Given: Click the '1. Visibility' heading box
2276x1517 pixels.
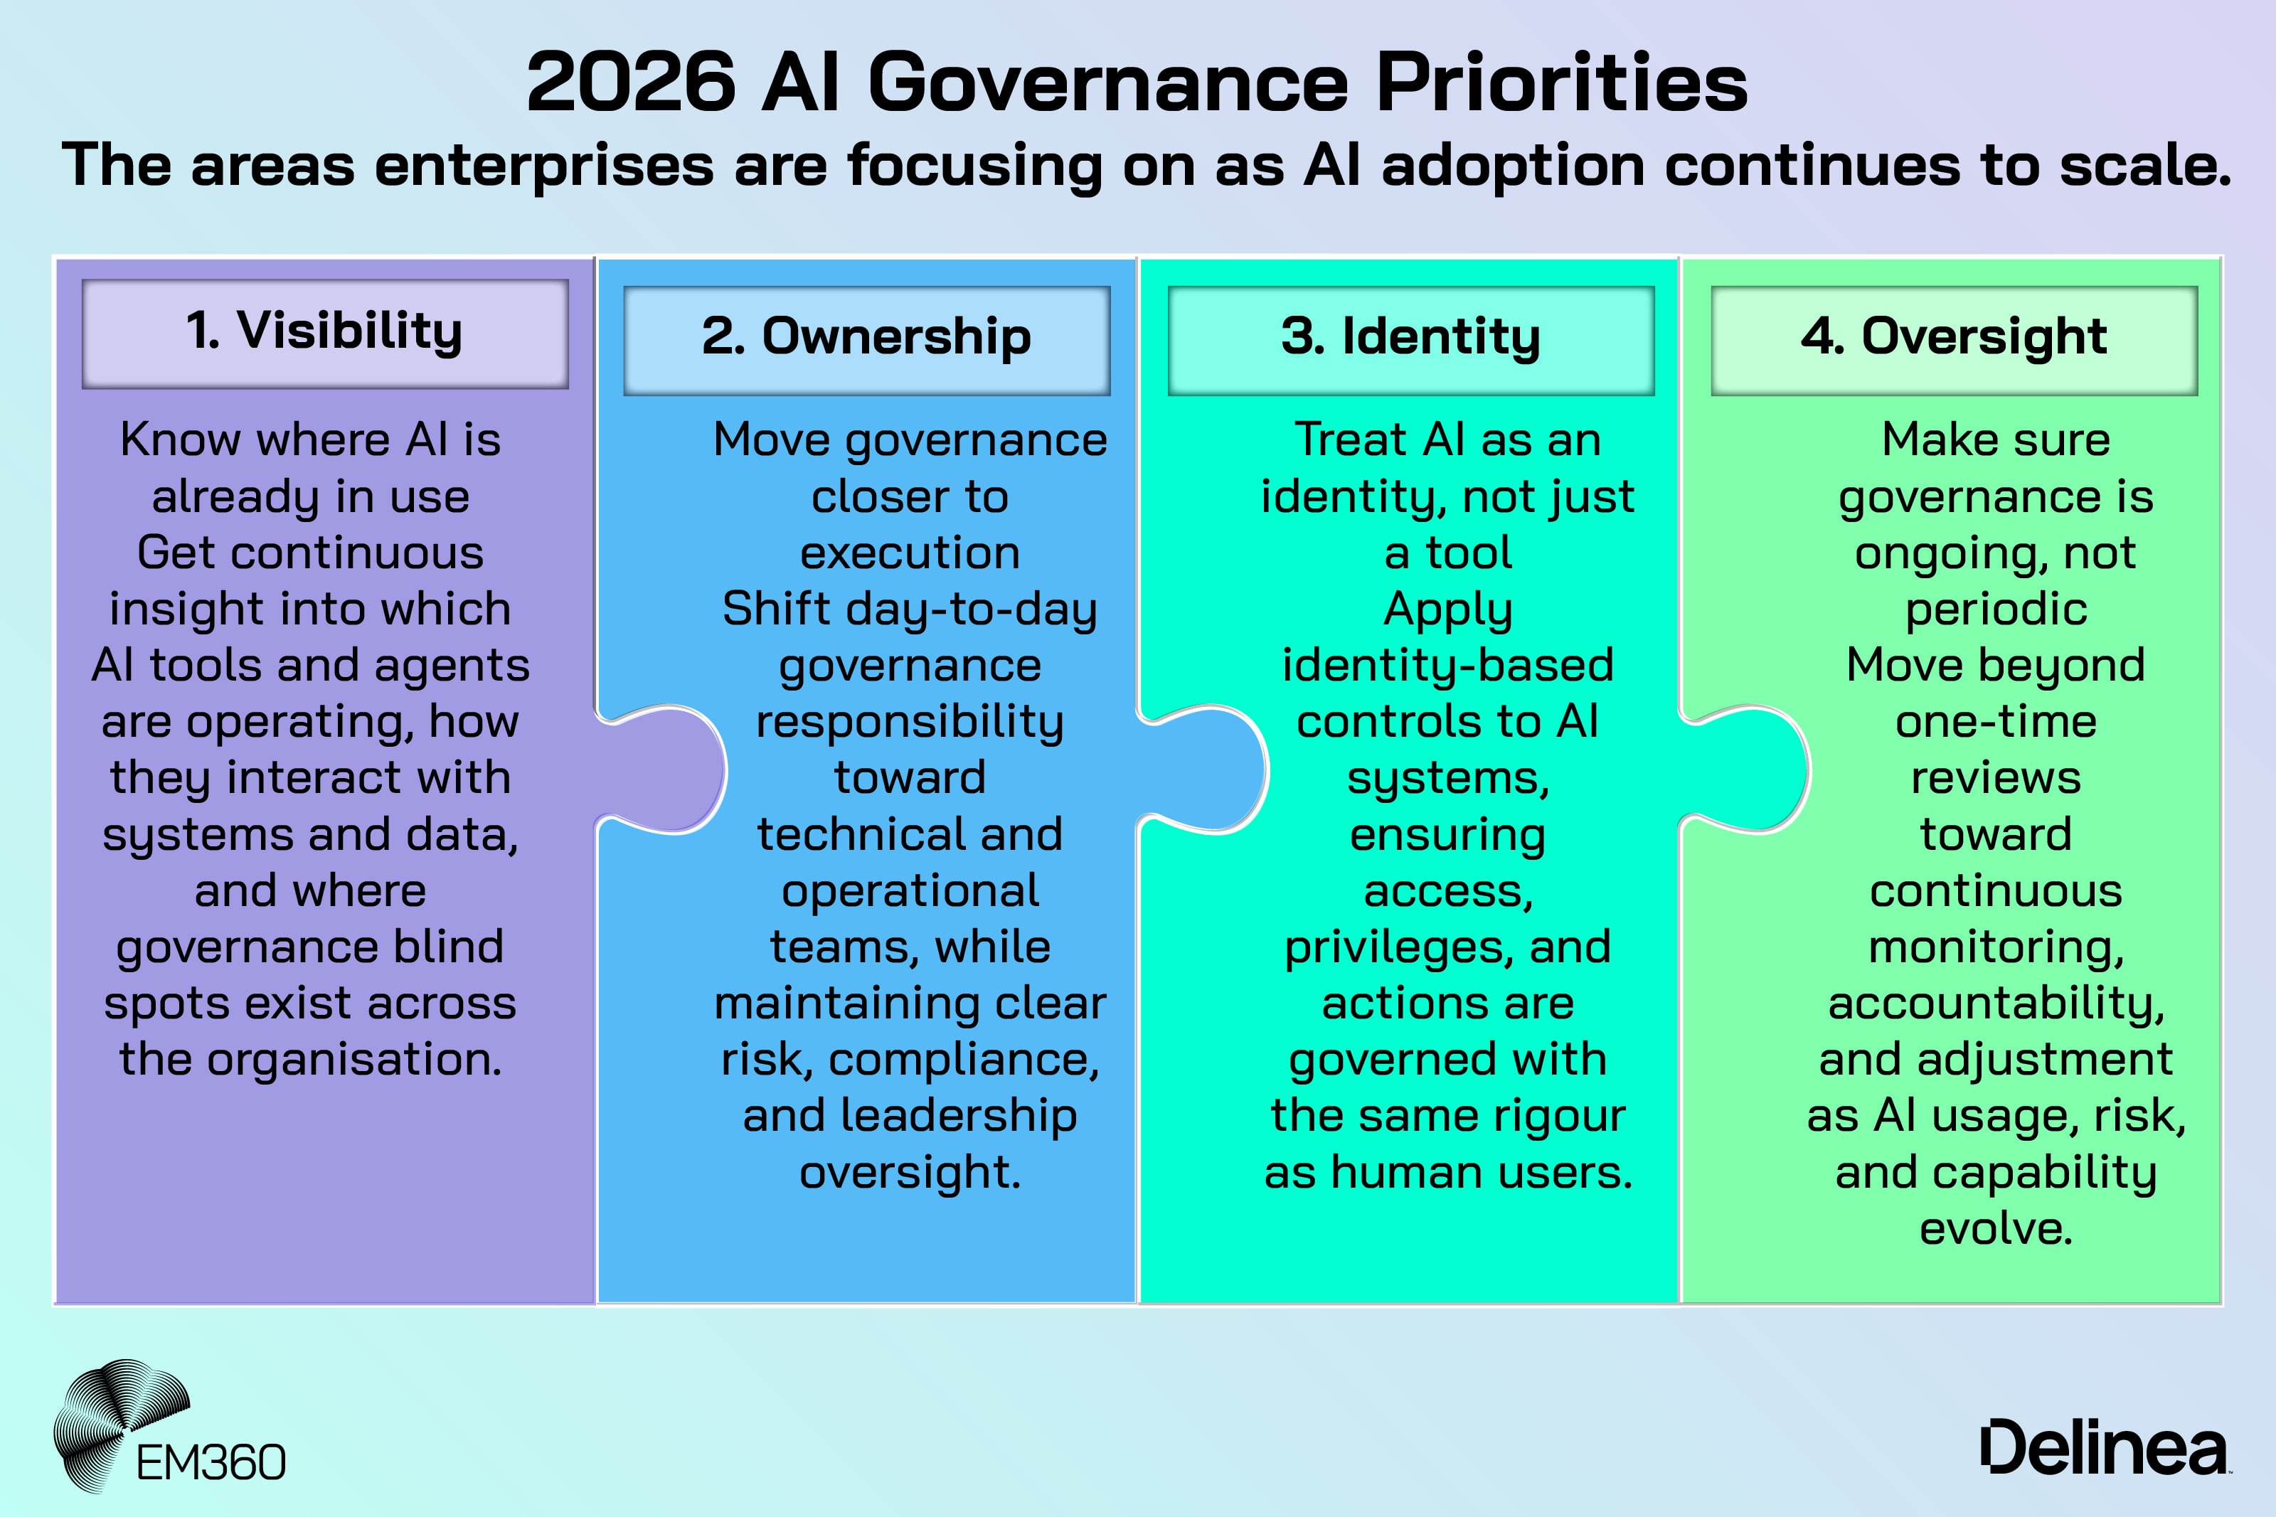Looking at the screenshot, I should pyautogui.click(x=324, y=334).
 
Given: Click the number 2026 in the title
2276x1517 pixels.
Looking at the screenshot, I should pyautogui.click(x=631, y=84).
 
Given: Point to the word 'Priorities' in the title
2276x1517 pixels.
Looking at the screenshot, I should pyautogui.click(x=1561, y=84).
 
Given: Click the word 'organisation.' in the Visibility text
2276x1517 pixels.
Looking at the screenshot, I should pyautogui.click(x=355, y=1060).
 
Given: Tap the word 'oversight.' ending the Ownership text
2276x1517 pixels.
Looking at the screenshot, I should pyautogui.click(x=909, y=1173).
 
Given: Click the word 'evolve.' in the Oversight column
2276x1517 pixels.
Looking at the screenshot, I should pyautogui.click(x=1996, y=1229).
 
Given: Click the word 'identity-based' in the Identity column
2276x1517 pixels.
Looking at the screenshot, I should pyautogui.click(x=1448, y=666).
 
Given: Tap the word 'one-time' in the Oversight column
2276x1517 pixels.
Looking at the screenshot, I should pyautogui.click(x=1996, y=722).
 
